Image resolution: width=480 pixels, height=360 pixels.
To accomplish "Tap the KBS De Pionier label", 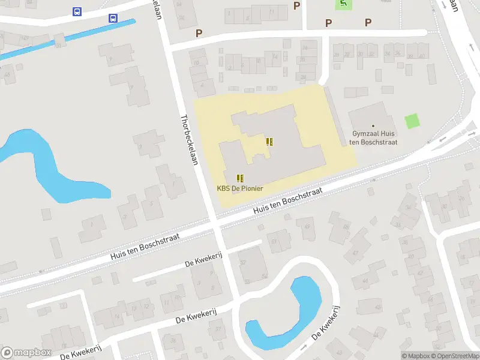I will [x=240, y=188].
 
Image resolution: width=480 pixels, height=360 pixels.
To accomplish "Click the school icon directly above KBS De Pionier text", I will [x=240, y=178].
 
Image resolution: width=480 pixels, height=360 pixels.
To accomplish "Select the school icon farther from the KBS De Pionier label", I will [x=269, y=142].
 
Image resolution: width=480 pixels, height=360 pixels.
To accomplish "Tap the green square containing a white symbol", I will [x=343, y=4].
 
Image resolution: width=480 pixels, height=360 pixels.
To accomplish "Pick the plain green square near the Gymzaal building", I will [x=412, y=121].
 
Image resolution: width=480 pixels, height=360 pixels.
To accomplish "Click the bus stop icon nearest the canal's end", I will [x=113, y=19].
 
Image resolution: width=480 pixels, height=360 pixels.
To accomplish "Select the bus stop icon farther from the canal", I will [x=77, y=11].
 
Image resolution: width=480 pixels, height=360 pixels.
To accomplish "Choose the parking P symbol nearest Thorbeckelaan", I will [x=199, y=33].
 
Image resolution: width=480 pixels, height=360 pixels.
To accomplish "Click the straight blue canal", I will [x=66, y=40].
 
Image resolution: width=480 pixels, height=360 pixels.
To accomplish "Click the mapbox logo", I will [x=26, y=352].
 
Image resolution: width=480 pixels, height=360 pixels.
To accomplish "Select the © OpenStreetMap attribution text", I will [x=456, y=356].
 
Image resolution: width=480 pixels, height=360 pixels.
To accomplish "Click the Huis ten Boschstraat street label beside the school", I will [x=288, y=200].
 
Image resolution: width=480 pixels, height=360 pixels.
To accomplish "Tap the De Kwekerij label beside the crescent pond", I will [x=326, y=328].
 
